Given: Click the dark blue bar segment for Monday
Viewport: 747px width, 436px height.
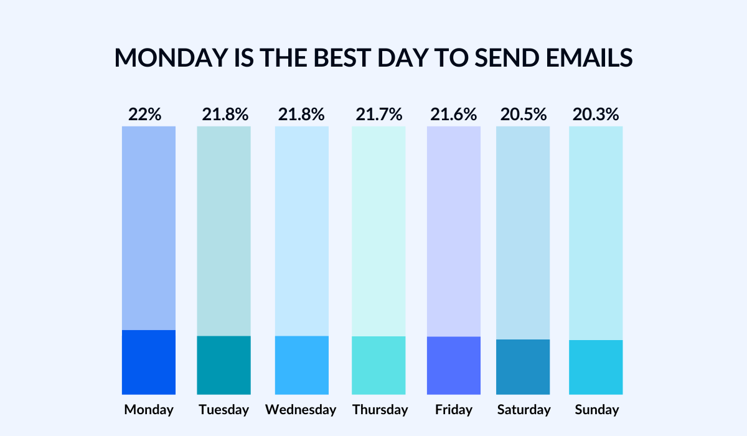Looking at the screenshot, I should coord(148,362).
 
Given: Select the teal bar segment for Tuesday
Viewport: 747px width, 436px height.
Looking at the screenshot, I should coord(223,365).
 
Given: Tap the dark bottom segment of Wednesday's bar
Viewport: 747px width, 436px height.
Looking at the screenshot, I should coord(301,365).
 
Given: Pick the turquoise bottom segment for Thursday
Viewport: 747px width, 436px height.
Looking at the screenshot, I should coord(378,365).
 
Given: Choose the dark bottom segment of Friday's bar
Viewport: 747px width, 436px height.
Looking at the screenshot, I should coord(453,365).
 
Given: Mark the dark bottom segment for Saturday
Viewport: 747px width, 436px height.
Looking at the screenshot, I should coord(523,367).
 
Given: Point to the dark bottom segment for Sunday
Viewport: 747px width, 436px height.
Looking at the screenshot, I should coord(596,367).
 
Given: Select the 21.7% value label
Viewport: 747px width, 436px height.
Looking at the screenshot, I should coord(378,115).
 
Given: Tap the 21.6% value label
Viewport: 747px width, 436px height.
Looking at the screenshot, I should coord(453,115).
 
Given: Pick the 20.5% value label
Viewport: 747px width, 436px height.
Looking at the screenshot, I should coord(523,115).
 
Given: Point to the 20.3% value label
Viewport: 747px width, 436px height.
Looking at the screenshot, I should coord(596,115).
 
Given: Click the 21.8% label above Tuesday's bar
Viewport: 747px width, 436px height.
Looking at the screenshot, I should coord(225,115).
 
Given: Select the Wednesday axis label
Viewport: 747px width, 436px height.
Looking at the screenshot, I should coord(301,410).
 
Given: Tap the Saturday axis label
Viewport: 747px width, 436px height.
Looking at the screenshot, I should coord(524,410).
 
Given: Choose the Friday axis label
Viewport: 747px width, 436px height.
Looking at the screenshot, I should coord(454,410).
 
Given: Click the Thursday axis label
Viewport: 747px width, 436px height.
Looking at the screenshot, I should coord(380,410).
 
